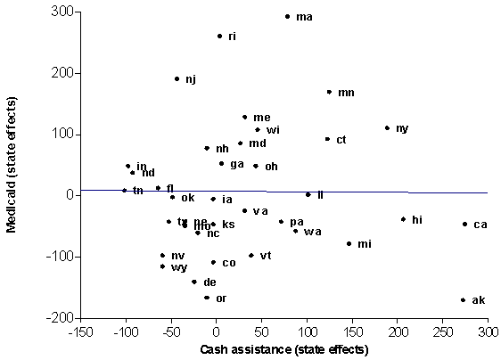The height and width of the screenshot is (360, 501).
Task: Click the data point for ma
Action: click(x=287, y=16)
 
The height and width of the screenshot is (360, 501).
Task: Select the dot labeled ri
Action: click(x=219, y=36)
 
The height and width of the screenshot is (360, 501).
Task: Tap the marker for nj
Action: click(x=177, y=78)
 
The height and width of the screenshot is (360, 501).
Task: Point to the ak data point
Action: click(x=463, y=299)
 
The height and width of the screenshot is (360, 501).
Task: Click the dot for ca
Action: click(x=464, y=224)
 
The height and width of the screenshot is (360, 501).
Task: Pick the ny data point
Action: click(x=387, y=127)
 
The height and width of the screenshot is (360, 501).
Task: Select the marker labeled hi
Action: click(x=403, y=218)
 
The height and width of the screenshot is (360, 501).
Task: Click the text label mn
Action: click(x=346, y=92)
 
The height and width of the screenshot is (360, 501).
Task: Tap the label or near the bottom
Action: click(x=221, y=298)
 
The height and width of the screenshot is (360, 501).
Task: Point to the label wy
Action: click(x=178, y=266)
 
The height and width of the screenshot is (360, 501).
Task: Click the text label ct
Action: click(x=341, y=139)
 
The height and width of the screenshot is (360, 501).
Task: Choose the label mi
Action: click(x=364, y=243)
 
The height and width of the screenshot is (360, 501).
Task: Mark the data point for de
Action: click(x=193, y=281)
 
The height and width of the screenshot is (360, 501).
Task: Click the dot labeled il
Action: click(x=308, y=194)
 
